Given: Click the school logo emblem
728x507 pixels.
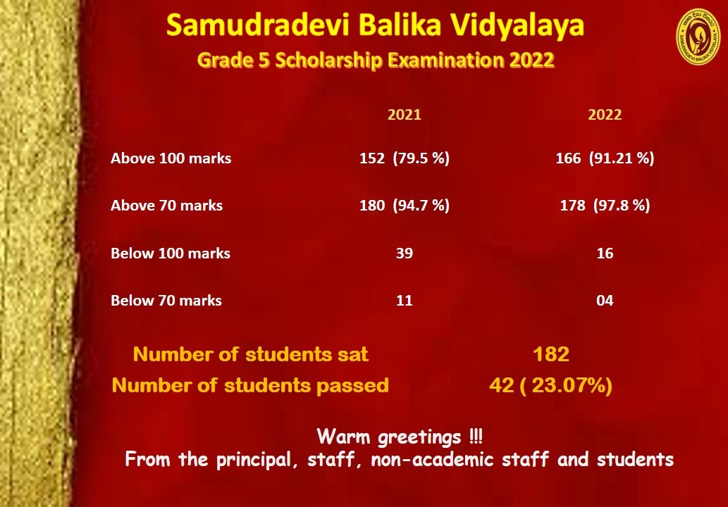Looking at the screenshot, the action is [698, 37].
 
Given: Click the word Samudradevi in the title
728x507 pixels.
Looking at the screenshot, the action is [257, 25].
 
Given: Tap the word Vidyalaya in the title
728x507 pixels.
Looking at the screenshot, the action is [513, 26].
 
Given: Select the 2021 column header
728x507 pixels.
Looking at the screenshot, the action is [405, 115].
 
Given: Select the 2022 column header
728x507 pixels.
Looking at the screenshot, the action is [605, 115].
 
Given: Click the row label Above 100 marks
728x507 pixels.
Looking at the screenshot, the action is [171, 158].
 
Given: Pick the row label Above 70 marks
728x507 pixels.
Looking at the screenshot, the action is [167, 206].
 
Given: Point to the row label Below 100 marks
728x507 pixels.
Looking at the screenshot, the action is [171, 254].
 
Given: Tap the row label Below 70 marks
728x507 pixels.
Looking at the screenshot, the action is [166, 301].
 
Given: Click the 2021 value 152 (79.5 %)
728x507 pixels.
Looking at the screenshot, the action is [405, 158].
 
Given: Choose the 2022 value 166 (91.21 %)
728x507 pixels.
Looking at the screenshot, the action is [605, 158].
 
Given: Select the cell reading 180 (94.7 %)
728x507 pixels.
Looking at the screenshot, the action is [405, 206].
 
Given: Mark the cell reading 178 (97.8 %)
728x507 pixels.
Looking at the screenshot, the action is [605, 206].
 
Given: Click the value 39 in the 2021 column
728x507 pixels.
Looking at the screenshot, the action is [405, 254].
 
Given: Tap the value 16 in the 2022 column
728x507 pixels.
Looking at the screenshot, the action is [605, 254].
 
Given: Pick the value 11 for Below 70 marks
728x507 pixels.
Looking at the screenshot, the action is [405, 301].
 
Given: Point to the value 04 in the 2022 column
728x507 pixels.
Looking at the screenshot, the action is [605, 301].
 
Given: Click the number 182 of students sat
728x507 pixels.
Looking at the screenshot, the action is [551, 354].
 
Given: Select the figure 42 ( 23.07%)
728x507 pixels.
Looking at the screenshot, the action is [550, 385].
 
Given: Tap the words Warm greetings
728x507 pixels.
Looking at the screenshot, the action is [388, 437].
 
